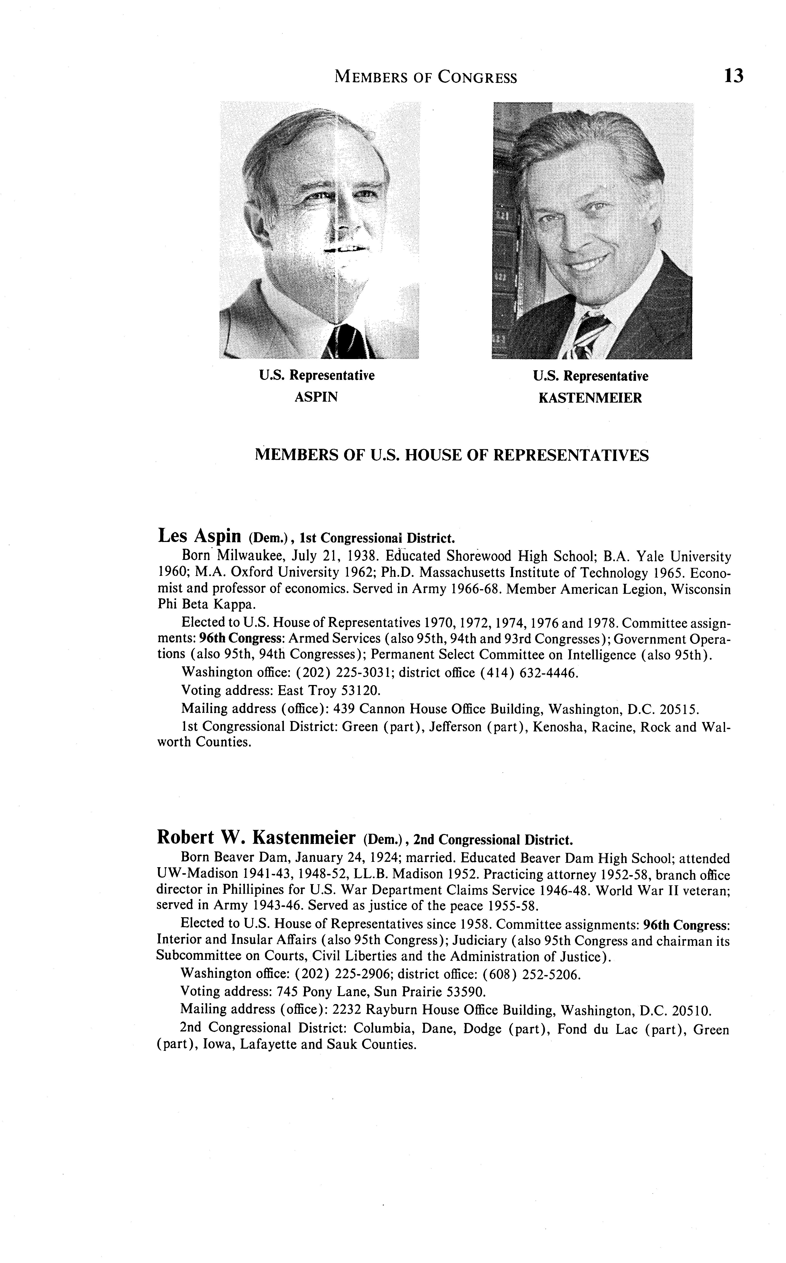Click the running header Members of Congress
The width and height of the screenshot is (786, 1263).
[x=426, y=77]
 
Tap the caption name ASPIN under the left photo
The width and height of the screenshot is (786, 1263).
[x=316, y=398]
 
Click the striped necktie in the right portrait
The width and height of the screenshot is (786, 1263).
[x=590, y=333]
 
